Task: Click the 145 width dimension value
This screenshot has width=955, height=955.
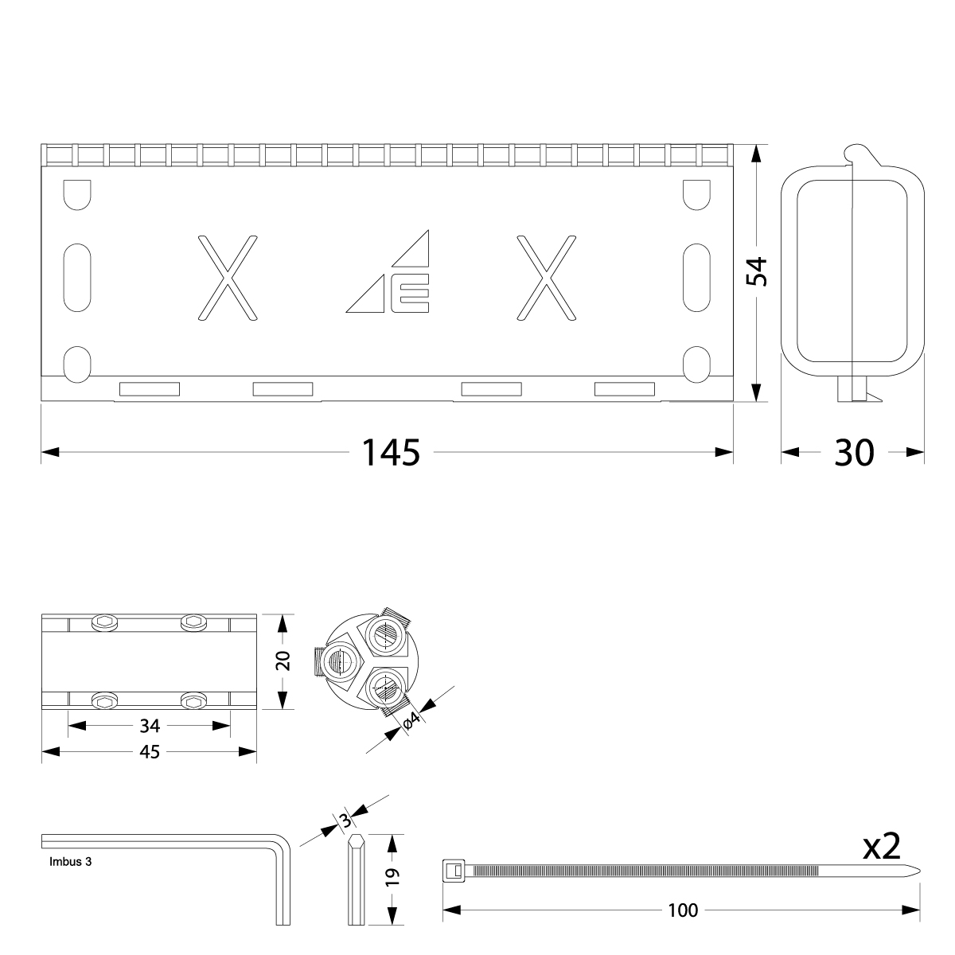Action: tap(391, 452)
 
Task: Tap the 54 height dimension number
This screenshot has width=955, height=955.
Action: tap(757, 271)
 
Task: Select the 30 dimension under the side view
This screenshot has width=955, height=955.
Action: tap(854, 452)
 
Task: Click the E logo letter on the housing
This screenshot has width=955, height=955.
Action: tap(410, 293)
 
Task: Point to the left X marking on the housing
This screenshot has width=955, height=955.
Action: tap(228, 278)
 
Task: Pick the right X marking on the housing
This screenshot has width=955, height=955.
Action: tap(547, 278)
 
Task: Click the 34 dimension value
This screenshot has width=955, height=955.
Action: tap(150, 726)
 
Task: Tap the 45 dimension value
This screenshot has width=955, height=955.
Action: tap(150, 752)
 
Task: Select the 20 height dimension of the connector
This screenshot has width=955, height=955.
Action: tap(283, 661)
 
